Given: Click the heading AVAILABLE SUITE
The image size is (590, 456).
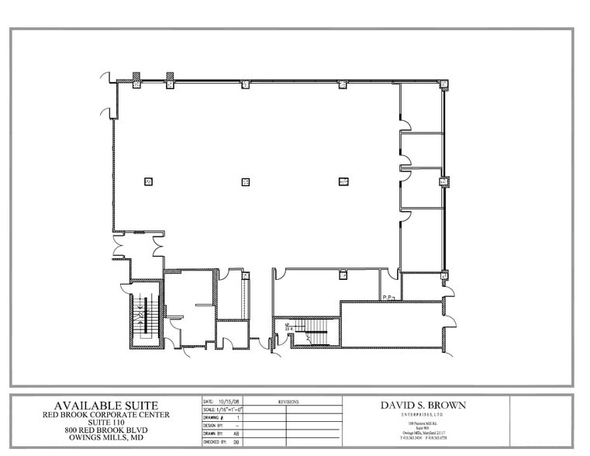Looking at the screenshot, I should (105, 406).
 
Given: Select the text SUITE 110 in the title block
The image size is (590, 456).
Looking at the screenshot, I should (105, 422).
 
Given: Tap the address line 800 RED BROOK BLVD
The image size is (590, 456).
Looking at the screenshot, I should (105, 430).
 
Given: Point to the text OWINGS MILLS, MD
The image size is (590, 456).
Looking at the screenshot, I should (105, 438).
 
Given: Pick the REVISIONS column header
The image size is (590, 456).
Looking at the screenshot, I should (288, 402).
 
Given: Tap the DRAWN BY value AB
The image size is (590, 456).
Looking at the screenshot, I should (236, 434).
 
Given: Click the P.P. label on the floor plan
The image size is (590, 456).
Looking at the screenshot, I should (388, 296).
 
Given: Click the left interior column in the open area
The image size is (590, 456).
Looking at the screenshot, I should (147, 181).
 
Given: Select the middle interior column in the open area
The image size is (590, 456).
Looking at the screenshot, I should (245, 181).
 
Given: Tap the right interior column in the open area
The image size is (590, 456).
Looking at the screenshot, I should (343, 181).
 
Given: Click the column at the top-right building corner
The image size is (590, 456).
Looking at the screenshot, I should (444, 85).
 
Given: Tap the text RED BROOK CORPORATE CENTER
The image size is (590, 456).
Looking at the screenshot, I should (105, 414).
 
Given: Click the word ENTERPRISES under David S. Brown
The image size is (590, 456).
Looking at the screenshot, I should (418, 415).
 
